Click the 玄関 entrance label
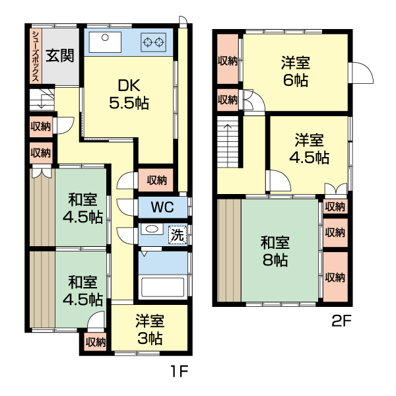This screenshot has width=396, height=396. click(60, 55)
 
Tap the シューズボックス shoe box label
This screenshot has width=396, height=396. click(35, 55)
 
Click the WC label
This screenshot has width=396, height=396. click(161, 207)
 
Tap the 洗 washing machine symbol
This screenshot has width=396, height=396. click(177, 234)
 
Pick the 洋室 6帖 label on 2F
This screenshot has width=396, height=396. click(295, 71)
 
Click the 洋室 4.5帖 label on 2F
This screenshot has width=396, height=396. click(308, 148)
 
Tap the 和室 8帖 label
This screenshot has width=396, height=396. click(273, 251)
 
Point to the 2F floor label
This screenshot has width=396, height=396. click(341, 322)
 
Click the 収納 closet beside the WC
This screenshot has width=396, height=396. click(156, 180)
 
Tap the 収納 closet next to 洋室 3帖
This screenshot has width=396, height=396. click(96, 341)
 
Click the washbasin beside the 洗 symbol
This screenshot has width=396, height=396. click(151, 230)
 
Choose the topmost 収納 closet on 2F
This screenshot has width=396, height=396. click(228, 61)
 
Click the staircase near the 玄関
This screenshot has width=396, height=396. click(41, 101)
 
